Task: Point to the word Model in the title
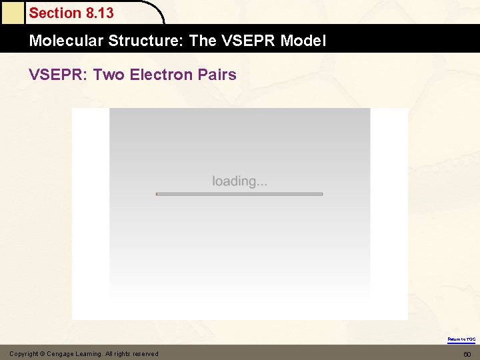tap(303, 41)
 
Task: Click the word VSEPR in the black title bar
tap(249, 41)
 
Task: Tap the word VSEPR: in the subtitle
tap(57, 75)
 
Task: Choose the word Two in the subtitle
tap(109, 75)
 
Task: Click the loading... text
tap(240, 181)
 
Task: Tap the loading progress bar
tap(239, 194)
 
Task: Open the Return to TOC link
tap(461, 339)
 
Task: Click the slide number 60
tap(467, 354)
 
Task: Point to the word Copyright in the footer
tap(23, 354)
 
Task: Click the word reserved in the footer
tap(145, 354)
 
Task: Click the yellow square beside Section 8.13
tap(12, 12)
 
